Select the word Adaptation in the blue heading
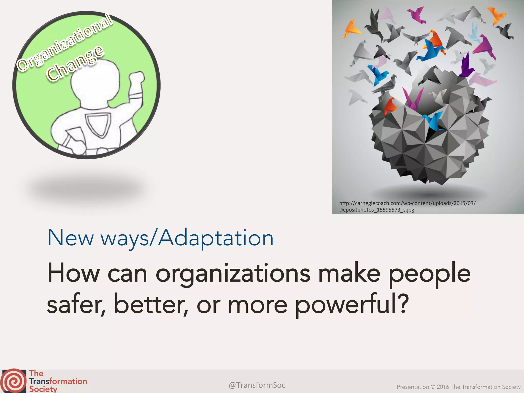tap(216, 238)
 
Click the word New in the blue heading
tap(71, 238)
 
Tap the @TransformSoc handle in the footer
tap(257, 385)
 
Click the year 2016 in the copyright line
tap(443, 387)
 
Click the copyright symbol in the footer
tap(433, 387)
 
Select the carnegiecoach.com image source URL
tap(407, 203)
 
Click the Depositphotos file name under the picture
tap(377, 210)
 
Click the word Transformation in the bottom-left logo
tap(58, 381)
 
